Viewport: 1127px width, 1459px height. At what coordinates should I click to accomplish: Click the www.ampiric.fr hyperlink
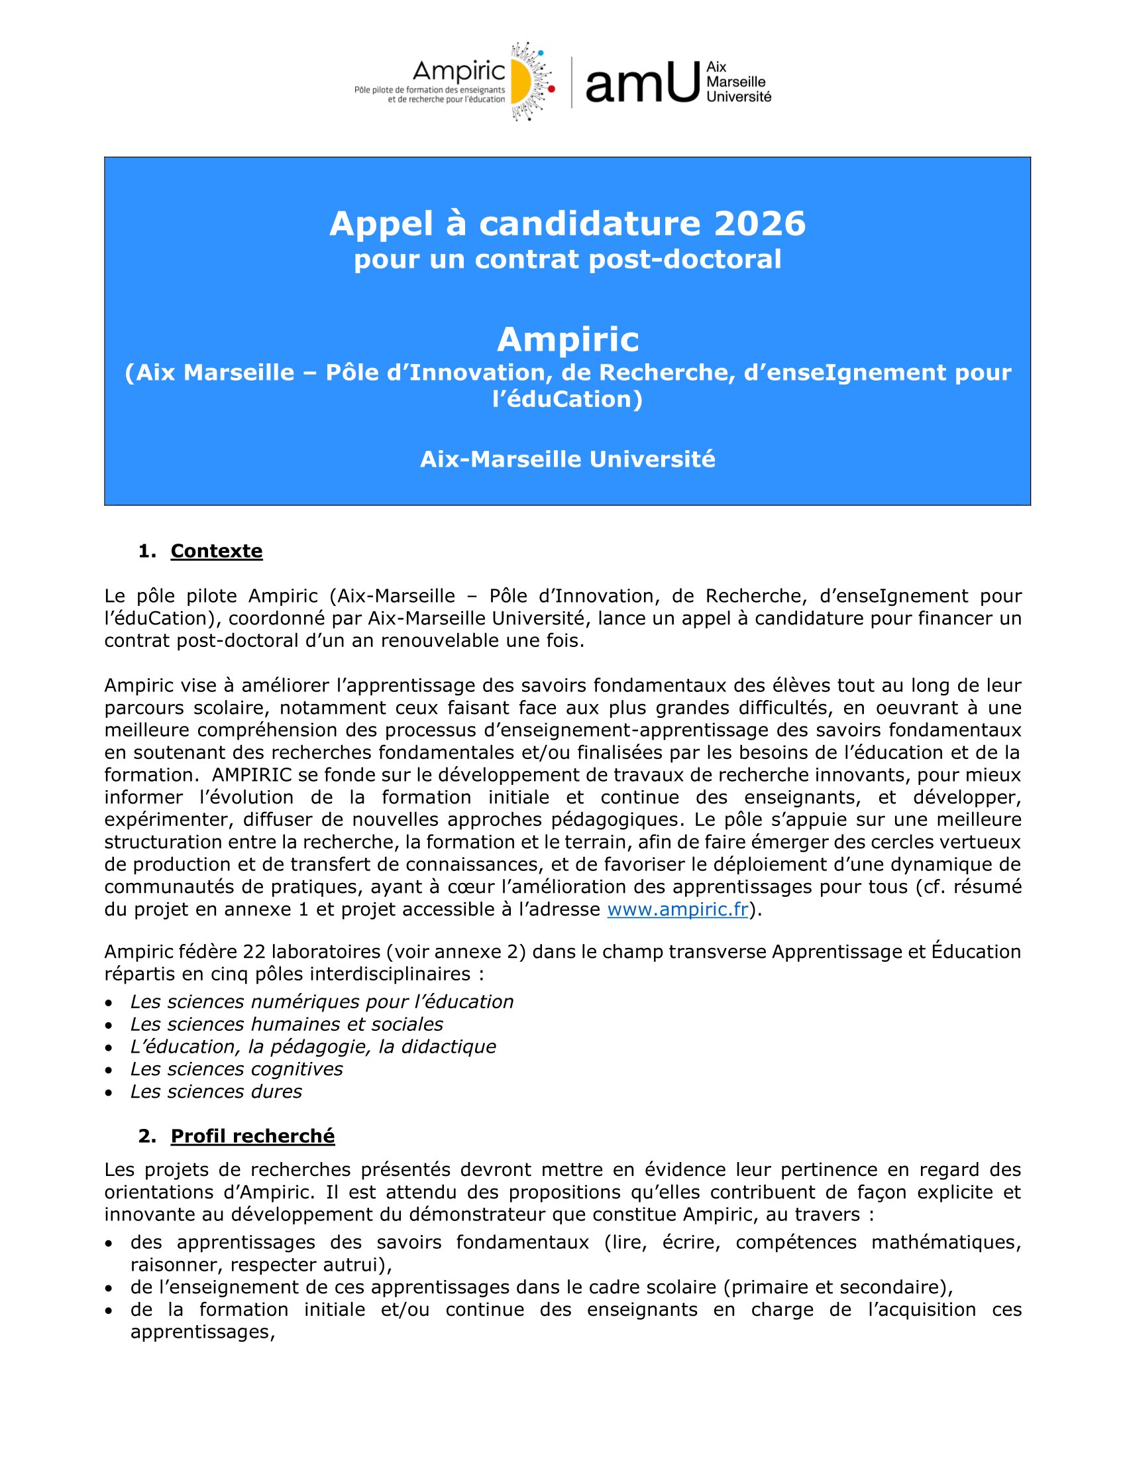click(x=677, y=909)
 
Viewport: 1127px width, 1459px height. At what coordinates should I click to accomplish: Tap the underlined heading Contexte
click(x=216, y=551)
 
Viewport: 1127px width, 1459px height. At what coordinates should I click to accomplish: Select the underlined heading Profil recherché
click(x=252, y=1136)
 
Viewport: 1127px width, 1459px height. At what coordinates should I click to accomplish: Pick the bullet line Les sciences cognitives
click(x=237, y=1069)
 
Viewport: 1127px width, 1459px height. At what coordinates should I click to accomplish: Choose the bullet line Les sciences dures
click(x=215, y=1092)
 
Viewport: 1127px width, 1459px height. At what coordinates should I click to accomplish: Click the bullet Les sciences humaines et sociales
click(x=286, y=1024)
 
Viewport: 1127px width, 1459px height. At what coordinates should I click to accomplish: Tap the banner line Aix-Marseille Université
click(x=568, y=459)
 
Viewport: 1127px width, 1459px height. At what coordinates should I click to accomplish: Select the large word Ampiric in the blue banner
click(x=568, y=339)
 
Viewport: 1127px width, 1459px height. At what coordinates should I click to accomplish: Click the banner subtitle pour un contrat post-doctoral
click(x=568, y=259)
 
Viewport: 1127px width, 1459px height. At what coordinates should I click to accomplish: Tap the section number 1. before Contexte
click(x=146, y=551)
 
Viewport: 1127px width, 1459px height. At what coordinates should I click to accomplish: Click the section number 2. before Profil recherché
click(x=146, y=1136)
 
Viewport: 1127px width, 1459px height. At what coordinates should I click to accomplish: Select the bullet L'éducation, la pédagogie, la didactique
click(x=313, y=1047)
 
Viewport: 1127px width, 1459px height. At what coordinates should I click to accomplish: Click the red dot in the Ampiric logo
click(x=551, y=88)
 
